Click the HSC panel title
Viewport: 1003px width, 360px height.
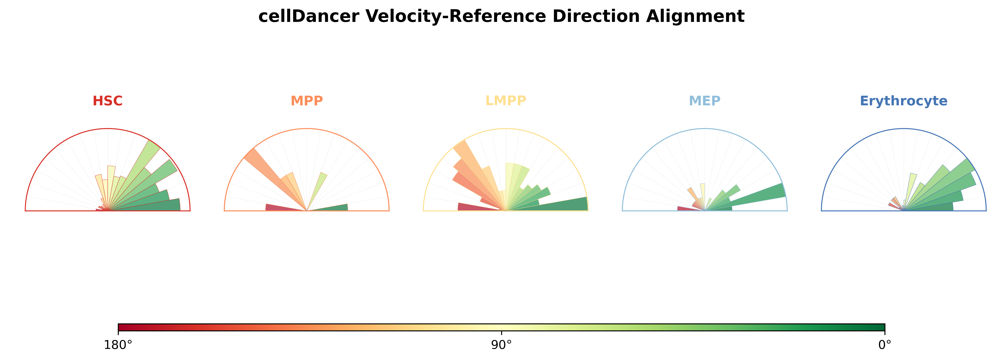108,101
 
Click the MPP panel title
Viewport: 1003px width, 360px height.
307,101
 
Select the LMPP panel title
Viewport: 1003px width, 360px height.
506,101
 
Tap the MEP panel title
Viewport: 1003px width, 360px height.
705,101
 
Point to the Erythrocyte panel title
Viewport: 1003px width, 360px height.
904,101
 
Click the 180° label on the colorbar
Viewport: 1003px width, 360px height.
118,345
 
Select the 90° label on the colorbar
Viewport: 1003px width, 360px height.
502,345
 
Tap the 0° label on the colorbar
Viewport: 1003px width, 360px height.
885,345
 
